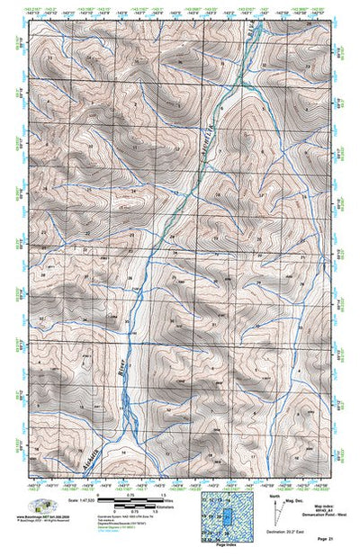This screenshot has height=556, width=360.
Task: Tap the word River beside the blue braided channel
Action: tap(123, 369)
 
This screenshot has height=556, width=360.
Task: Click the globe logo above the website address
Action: tap(38, 505)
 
